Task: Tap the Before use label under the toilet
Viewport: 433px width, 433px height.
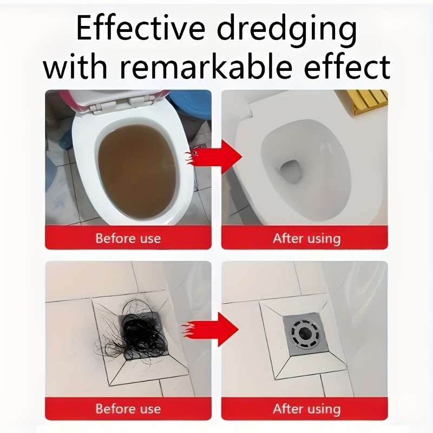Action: click(x=128, y=238)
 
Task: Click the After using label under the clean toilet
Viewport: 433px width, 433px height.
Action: click(x=306, y=238)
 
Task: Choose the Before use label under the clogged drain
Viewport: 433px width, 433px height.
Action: click(x=128, y=409)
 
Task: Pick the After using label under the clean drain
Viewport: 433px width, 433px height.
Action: click(x=306, y=409)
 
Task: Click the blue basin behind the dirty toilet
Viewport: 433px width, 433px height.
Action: click(x=189, y=105)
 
